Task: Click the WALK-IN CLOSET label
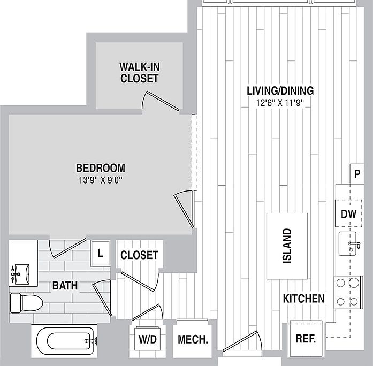139,73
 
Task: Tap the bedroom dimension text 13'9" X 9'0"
101,180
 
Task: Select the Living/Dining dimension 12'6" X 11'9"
280,103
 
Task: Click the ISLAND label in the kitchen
287,246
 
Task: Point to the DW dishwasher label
349,214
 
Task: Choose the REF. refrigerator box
306,339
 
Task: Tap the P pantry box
357,174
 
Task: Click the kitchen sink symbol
348,244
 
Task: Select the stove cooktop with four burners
348,292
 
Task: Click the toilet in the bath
26,303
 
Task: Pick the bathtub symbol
65,341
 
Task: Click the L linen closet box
100,254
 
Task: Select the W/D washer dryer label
148,339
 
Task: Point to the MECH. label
193,339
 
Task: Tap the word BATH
65,285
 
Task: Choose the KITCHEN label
303,299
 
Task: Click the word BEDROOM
101,168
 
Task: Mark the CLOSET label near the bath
139,255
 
